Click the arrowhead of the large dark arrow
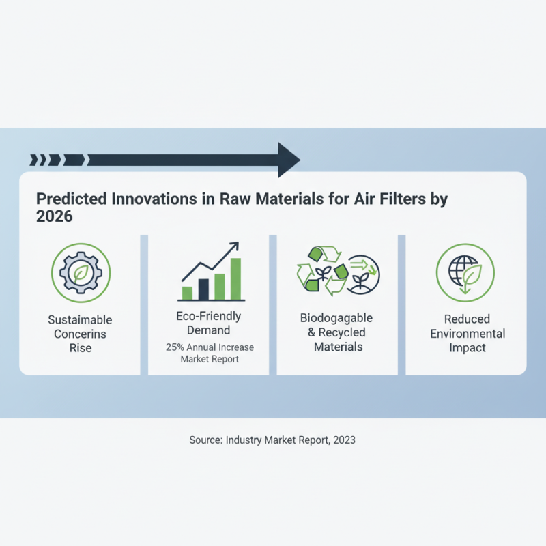(x=288, y=160)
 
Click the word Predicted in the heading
(x=66, y=199)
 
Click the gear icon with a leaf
(x=81, y=272)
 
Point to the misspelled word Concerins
(x=80, y=334)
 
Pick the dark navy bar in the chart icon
(x=203, y=289)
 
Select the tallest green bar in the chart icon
(x=236, y=279)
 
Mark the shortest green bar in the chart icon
(x=187, y=293)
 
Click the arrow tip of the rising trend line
(x=235, y=244)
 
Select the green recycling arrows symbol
(x=318, y=272)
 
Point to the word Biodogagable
(x=336, y=319)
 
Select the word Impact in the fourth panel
(x=467, y=348)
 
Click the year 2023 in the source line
(x=344, y=440)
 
